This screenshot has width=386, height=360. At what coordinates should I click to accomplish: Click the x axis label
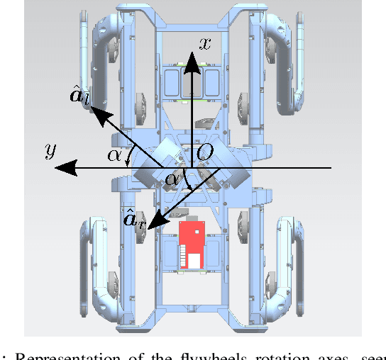coord(205,43)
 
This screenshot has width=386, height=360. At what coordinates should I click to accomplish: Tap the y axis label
coord(50,151)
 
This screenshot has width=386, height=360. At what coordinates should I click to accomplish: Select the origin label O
coord(204,151)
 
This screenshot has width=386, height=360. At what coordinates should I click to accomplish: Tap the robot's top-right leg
coord(288,57)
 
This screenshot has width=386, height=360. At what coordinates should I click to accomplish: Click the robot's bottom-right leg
coord(287,276)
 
